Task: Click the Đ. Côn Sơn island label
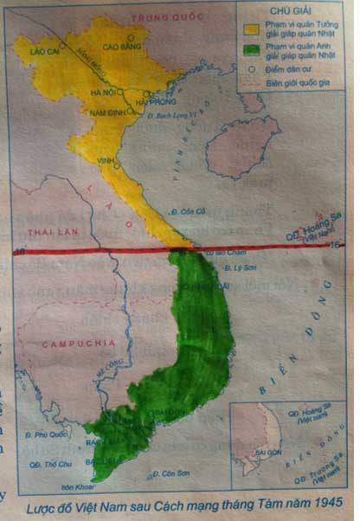tap(170, 473)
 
